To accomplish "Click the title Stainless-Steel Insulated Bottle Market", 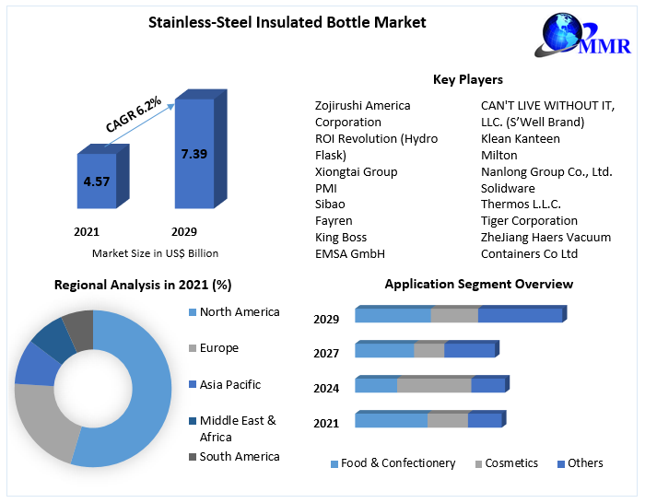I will pyautogui.click(x=287, y=22).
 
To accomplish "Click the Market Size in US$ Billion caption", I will pyautogui.click(x=155, y=252).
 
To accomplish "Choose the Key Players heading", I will pyautogui.click(x=468, y=79).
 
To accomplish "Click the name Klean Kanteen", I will pyautogui.click(x=521, y=138).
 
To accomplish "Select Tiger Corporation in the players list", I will pyautogui.click(x=529, y=220).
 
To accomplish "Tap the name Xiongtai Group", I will pyautogui.click(x=357, y=171).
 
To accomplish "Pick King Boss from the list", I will pyautogui.click(x=341, y=237).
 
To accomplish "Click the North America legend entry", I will pyautogui.click(x=239, y=312).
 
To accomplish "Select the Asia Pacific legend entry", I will pyautogui.click(x=229, y=384).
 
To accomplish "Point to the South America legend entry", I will pyautogui.click(x=240, y=456).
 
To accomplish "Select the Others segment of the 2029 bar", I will pyautogui.click(x=520, y=316).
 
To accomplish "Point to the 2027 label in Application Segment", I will pyautogui.click(x=326, y=353).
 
